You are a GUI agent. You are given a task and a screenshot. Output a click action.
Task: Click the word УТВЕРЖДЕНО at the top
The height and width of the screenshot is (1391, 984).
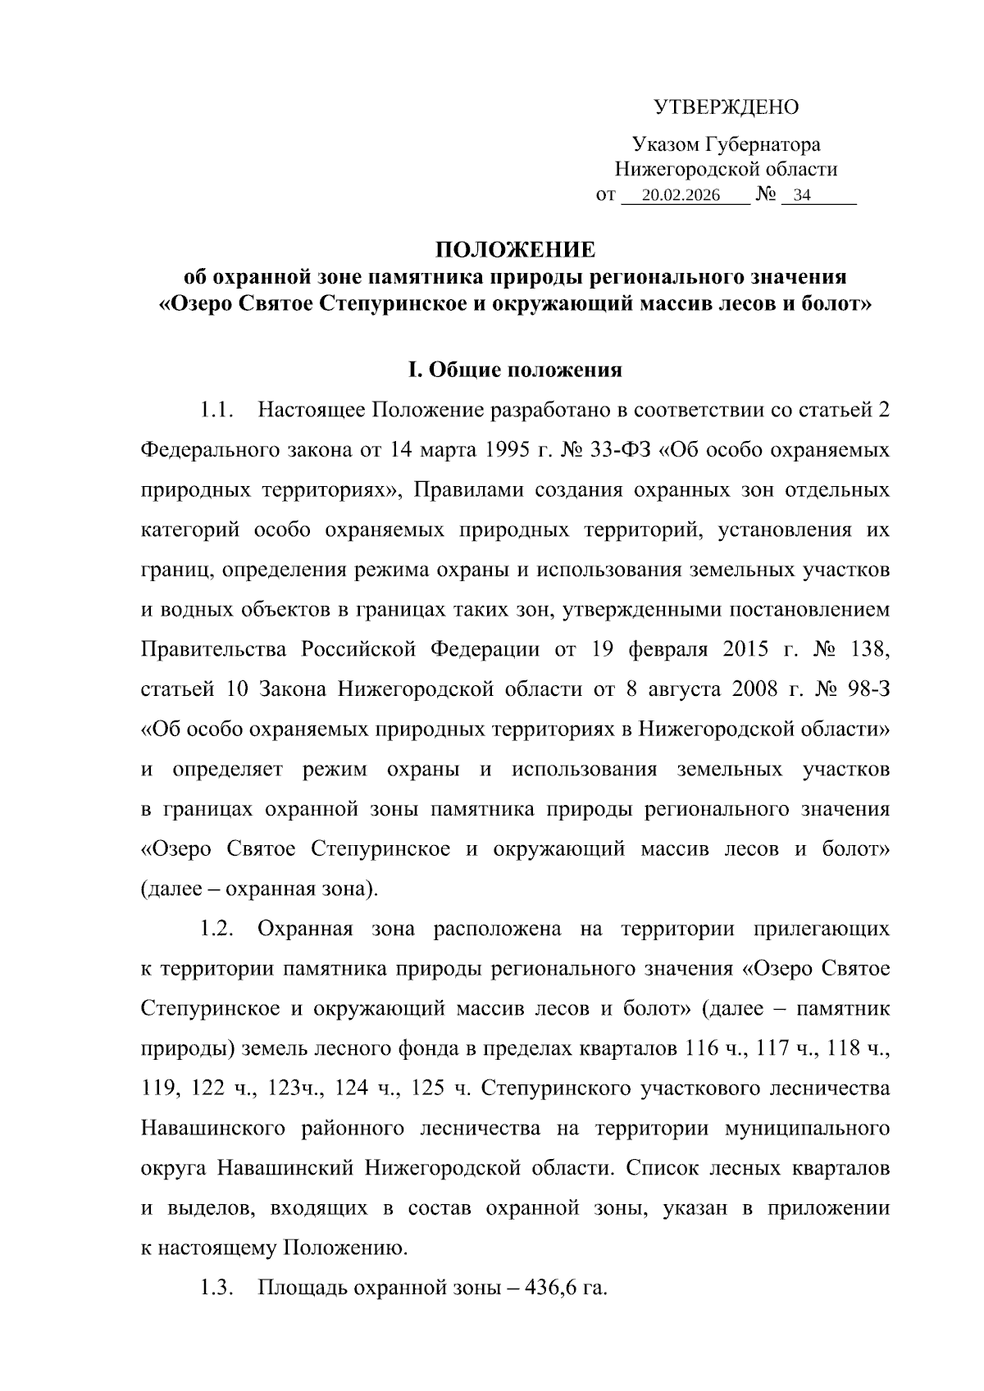tap(726, 107)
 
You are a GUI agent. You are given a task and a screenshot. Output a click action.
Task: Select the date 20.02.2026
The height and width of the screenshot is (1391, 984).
tap(681, 196)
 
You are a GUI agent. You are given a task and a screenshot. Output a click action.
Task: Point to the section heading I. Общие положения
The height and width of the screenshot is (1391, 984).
tap(514, 370)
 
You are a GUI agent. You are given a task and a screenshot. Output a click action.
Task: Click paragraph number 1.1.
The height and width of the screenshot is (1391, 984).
tap(217, 410)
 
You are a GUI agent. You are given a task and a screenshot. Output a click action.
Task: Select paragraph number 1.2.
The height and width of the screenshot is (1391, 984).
tap(217, 929)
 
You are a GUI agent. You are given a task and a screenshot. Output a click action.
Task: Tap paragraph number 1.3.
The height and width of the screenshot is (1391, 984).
tap(217, 1288)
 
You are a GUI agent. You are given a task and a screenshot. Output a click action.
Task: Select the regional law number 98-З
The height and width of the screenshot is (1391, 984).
tap(868, 689)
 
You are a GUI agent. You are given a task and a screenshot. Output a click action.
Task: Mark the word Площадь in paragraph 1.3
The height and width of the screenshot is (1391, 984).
tap(299, 1288)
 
